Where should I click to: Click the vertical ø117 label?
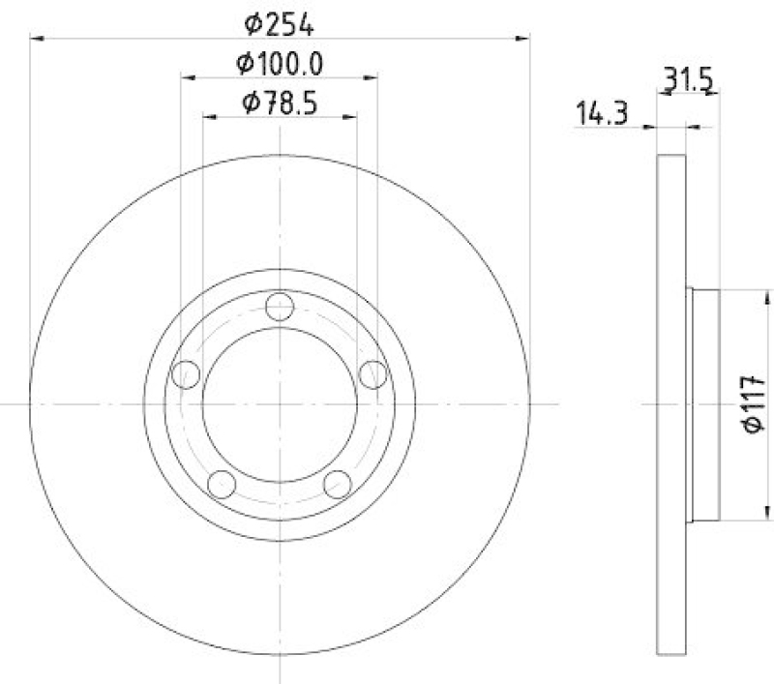[754, 403]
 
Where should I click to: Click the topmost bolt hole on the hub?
[280, 307]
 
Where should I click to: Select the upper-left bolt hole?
[185, 373]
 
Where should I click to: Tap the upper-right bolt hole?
[373, 373]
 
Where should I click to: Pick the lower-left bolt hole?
[222, 484]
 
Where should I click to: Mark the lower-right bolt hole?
[338, 484]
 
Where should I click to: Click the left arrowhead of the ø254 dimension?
[36, 39]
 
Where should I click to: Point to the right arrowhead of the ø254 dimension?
[524, 39]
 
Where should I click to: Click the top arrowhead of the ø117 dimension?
[769, 294]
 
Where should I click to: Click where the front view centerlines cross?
[280, 403]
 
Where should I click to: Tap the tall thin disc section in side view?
[671, 403]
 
